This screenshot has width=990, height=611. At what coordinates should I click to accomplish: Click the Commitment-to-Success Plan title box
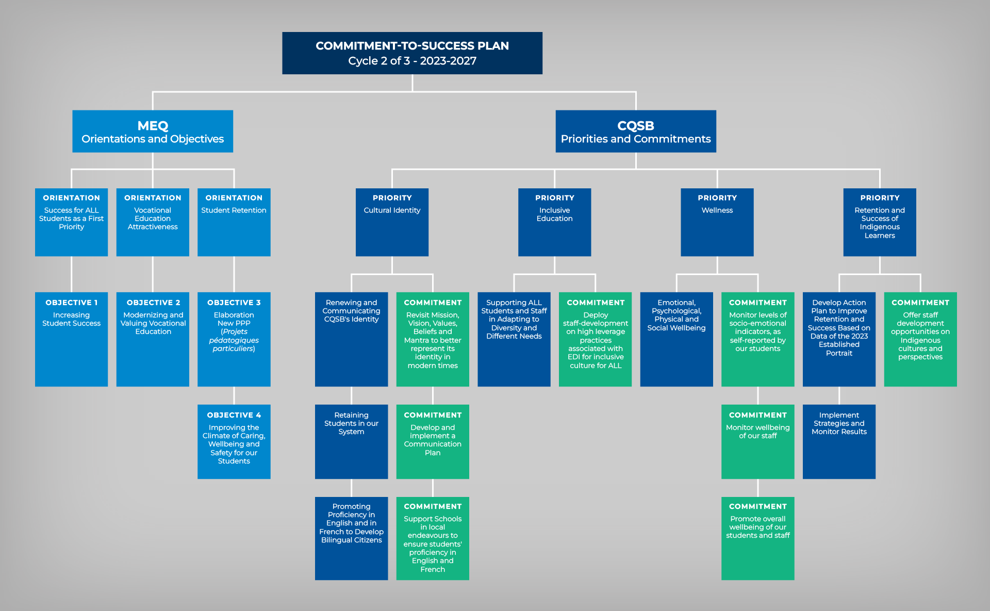(x=412, y=53)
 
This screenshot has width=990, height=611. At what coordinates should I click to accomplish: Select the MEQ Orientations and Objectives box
(x=153, y=131)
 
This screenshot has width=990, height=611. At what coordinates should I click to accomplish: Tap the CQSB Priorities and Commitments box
(x=635, y=131)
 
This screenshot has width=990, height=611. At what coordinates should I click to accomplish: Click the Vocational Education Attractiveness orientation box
(x=153, y=222)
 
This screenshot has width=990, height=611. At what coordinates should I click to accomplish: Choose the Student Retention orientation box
(x=234, y=222)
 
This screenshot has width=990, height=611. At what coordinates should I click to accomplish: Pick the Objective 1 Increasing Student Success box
(x=71, y=339)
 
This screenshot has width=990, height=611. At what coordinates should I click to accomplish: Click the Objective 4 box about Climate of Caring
(x=234, y=441)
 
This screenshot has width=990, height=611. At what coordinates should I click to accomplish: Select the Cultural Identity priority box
(x=392, y=222)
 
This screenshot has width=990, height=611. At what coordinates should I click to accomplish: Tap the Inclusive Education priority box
(x=554, y=222)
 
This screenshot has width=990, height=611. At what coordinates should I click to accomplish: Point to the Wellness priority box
(x=717, y=222)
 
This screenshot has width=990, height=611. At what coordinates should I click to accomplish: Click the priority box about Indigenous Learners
(x=880, y=222)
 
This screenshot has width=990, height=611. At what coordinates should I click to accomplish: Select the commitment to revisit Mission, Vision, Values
(x=433, y=339)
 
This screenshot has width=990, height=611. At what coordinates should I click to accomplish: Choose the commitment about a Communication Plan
(x=433, y=441)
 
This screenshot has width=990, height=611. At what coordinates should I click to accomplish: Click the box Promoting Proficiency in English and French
(x=351, y=538)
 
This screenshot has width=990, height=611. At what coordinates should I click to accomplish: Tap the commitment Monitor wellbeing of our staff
(x=757, y=441)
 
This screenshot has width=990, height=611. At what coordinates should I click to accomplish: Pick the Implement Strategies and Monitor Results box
(x=839, y=441)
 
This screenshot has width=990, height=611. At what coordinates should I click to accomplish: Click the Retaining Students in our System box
(x=351, y=441)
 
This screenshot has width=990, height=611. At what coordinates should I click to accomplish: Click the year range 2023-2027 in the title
(x=448, y=61)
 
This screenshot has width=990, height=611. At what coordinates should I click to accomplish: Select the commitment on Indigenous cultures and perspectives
(x=920, y=339)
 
